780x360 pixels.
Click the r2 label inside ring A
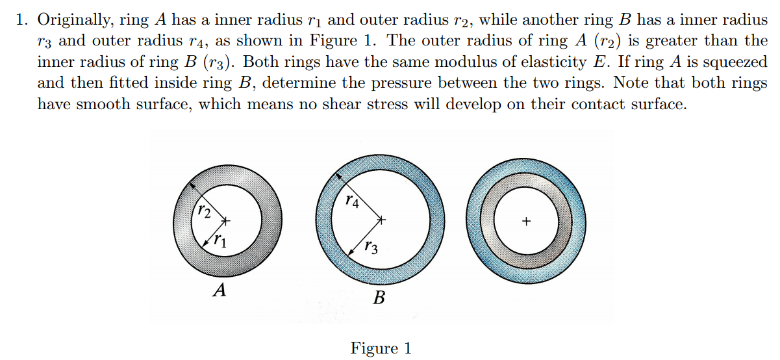click(x=204, y=212)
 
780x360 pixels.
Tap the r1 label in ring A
click(x=220, y=242)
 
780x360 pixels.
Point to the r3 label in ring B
click(x=371, y=247)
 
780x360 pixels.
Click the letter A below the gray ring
click(x=220, y=290)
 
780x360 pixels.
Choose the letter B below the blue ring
click(x=380, y=299)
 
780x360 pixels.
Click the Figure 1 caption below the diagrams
click(x=381, y=348)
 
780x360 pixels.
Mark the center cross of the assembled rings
click(x=526, y=222)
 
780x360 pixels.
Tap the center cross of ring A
click(x=227, y=222)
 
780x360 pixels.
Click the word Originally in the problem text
click(x=75, y=20)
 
